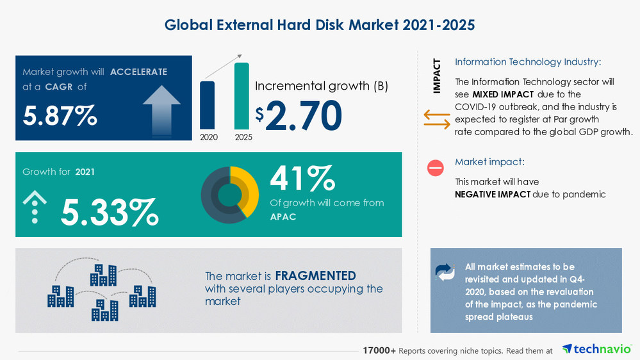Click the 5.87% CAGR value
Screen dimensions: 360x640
(x=60, y=115)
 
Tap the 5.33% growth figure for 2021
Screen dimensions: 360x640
(x=109, y=213)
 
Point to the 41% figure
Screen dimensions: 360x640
(x=302, y=178)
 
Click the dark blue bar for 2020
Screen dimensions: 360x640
(x=208, y=105)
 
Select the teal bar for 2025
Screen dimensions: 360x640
(x=242, y=96)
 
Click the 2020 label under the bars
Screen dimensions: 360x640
(x=208, y=137)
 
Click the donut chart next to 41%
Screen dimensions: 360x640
(x=229, y=195)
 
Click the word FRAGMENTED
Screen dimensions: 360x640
(x=315, y=276)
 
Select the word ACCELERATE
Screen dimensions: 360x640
(x=138, y=72)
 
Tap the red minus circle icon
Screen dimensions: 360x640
(x=436, y=168)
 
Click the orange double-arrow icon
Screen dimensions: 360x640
(x=437, y=119)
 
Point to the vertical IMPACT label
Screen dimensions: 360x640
(x=437, y=76)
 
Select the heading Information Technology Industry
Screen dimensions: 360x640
(x=528, y=62)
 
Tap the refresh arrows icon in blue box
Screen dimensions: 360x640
(x=445, y=272)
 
